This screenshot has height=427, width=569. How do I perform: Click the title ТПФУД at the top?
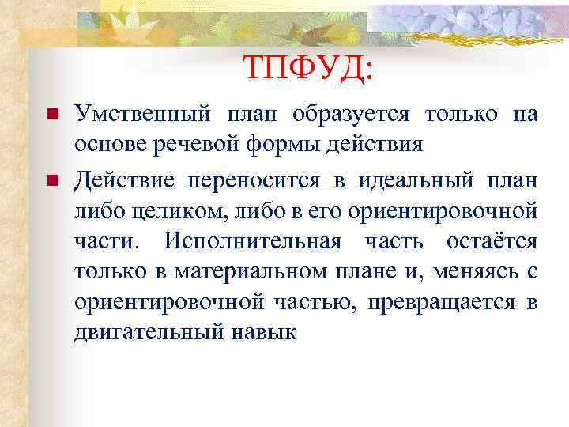(x=307, y=68)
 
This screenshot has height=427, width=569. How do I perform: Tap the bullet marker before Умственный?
(x=52, y=115)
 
